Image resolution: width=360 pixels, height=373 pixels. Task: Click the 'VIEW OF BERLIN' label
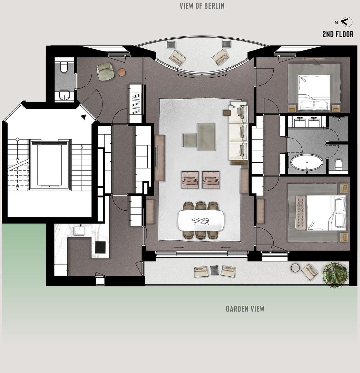click(202, 6)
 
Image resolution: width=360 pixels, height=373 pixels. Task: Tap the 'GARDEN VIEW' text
click(245, 309)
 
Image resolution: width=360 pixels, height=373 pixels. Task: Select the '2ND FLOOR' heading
click(338, 34)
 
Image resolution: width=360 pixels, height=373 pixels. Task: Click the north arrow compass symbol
click(347, 22)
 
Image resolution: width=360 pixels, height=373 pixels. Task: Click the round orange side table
click(122, 72)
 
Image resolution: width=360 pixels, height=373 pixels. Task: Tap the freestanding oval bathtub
click(307, 162)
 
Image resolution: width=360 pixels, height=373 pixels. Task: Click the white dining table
click(201, 220)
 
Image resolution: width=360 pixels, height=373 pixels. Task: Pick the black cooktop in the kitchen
click(100, 247)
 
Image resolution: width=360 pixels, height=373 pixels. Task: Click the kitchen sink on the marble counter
click(79, 230)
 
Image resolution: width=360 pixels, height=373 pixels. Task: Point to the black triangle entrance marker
click(84, 117)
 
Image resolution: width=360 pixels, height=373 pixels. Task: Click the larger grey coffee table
click(206, 137)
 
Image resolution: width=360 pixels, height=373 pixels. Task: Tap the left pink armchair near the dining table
click(190, 180)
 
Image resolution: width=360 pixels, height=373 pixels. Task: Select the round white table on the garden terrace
click(295, 268)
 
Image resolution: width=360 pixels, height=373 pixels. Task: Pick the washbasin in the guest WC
click(64, 95)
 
